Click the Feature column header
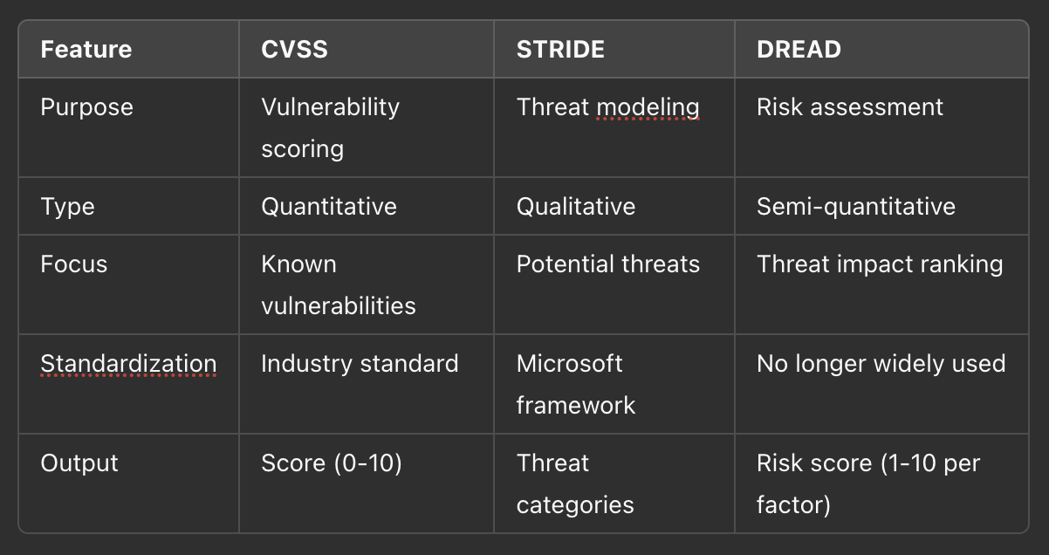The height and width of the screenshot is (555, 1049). [x=86, y=49]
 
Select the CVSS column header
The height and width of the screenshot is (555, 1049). [x=295, y=49]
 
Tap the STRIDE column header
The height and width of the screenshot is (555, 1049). [x=560, y=49]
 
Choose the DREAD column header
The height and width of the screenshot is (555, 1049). [x=799, y=49]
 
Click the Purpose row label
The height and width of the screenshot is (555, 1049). [x=87, y=107]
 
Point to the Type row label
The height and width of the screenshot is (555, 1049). [x=67, y=207]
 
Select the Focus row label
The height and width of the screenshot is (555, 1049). [x=73, y=264]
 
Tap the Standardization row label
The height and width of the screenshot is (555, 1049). [x=128, y=364]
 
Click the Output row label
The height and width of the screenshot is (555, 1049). [x=79, y=463]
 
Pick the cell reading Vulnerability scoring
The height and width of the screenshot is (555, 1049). [x=330, y=127]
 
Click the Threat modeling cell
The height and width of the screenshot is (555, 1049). [x=607, y=107]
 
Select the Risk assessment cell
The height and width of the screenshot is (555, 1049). [x=849, y=107]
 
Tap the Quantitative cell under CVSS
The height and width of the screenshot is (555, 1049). [x=328, y=207]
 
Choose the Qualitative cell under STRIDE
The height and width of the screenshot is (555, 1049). [x=575, y=207]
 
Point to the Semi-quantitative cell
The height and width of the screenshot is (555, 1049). [x=855, y=207]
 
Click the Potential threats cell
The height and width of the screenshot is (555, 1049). [x=607, y=264]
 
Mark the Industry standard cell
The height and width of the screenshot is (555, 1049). [x=360, y=364]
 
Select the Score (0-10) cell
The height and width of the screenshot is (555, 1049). [x=332, y=463]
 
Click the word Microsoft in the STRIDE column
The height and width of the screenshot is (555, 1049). [x=569, y=364]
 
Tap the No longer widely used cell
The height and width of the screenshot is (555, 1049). [x=881, y=364]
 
